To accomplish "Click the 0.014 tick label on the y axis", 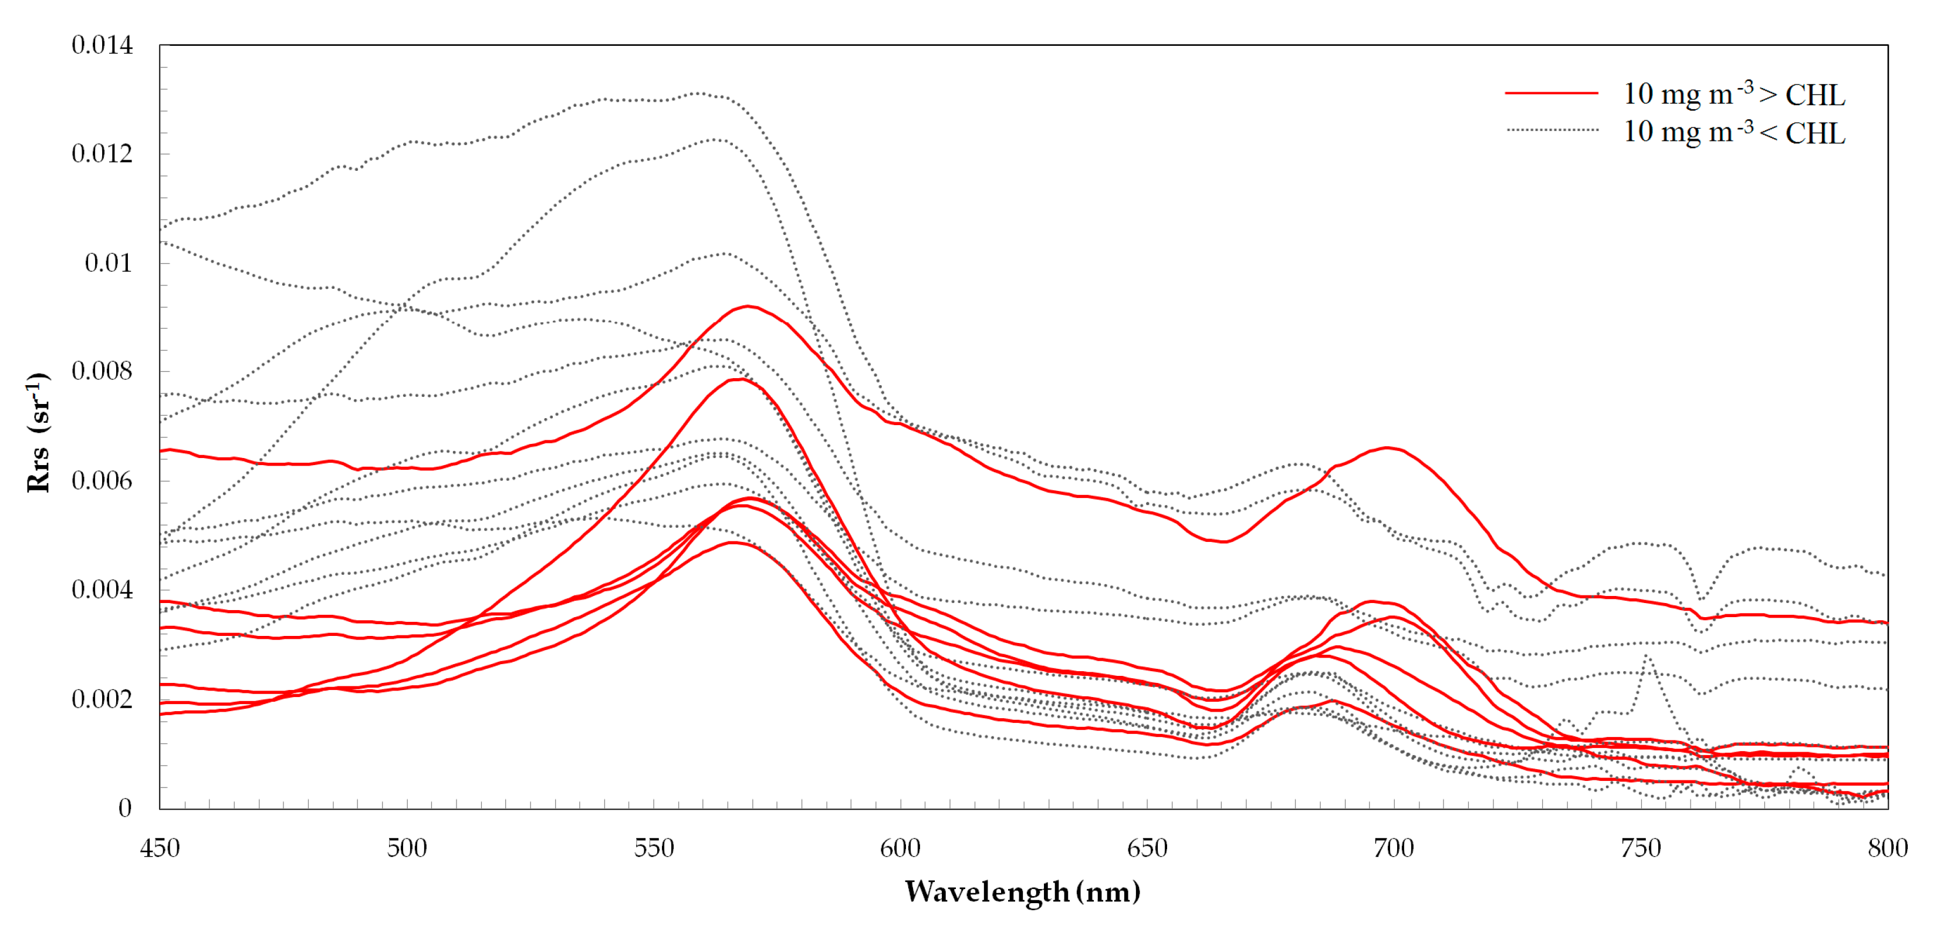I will (x=102, y=45).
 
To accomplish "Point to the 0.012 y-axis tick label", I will (x=102, y=154).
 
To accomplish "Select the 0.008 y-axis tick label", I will (x=102, y=372).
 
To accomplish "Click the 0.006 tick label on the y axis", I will (x=102, y=481).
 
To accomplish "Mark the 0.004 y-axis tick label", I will (x=102, y=590).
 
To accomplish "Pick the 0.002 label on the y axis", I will (x=102, y=699).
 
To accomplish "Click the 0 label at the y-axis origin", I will (x=125, y=808).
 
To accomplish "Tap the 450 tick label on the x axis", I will (x=160, y=848).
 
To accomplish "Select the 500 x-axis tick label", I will (x=407, y=848).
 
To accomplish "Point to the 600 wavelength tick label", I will (x=900, y=848).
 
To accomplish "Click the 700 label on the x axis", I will (x=1394, y=848).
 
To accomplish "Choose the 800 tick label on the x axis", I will (x=1887, y=848).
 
